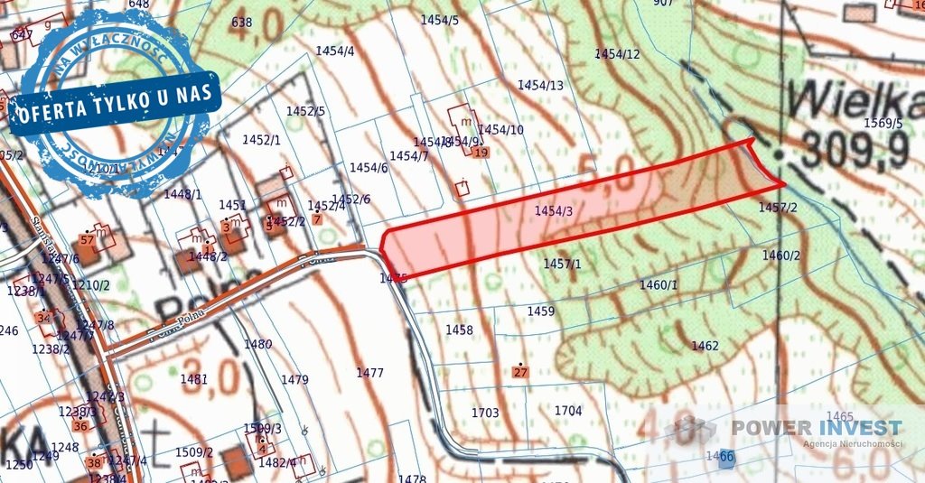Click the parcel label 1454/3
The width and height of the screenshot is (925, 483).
tap(554, 211)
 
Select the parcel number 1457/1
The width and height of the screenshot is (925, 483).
tap(562, 264)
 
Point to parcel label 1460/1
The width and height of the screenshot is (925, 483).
tap(658, 285)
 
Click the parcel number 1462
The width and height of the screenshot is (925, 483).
tap(705, 346)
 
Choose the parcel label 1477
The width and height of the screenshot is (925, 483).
tap(369, 372)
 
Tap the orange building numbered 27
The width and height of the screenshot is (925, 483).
tap(519, 372)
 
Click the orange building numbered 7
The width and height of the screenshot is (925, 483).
tap(316, 219)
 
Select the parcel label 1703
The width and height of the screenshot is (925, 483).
tap(485, 413)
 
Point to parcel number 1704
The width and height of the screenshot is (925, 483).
tap(568, 411)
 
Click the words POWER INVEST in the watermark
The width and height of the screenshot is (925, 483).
tap(816, 427)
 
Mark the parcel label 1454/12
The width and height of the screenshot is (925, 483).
tap(617, 54)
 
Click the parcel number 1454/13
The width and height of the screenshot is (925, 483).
tap(540, 86)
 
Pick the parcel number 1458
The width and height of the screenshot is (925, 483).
tap(459, 330)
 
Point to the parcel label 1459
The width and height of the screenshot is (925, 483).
tap(540, 311)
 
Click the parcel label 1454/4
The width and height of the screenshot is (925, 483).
tap(335, 51)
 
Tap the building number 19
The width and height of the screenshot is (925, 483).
tap(481, 153)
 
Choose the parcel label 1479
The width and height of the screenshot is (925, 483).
tap(294, 380)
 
